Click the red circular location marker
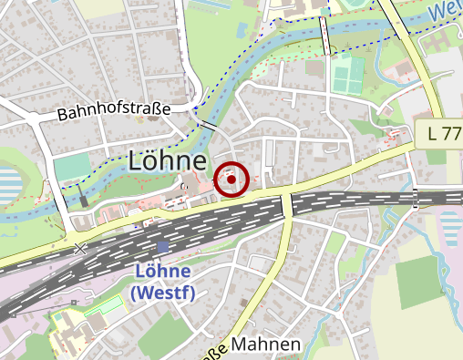[233, 180]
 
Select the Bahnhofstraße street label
[114, 113]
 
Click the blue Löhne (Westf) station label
[163, 282]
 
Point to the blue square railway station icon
[163, 247]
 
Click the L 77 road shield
[442, 134]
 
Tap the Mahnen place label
[266, 345]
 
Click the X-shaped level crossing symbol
[80, 247]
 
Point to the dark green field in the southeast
[421, 282]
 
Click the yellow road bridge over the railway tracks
[287, 204]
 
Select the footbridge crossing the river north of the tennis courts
[325, 36]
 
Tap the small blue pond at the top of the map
[242, 29]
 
